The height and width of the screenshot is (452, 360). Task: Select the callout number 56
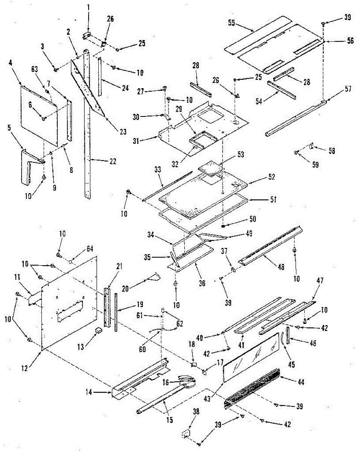(x=350, y=41)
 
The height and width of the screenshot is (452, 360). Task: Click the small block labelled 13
(x=99, y=330)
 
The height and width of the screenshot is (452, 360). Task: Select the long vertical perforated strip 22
(x=87, y=124)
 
